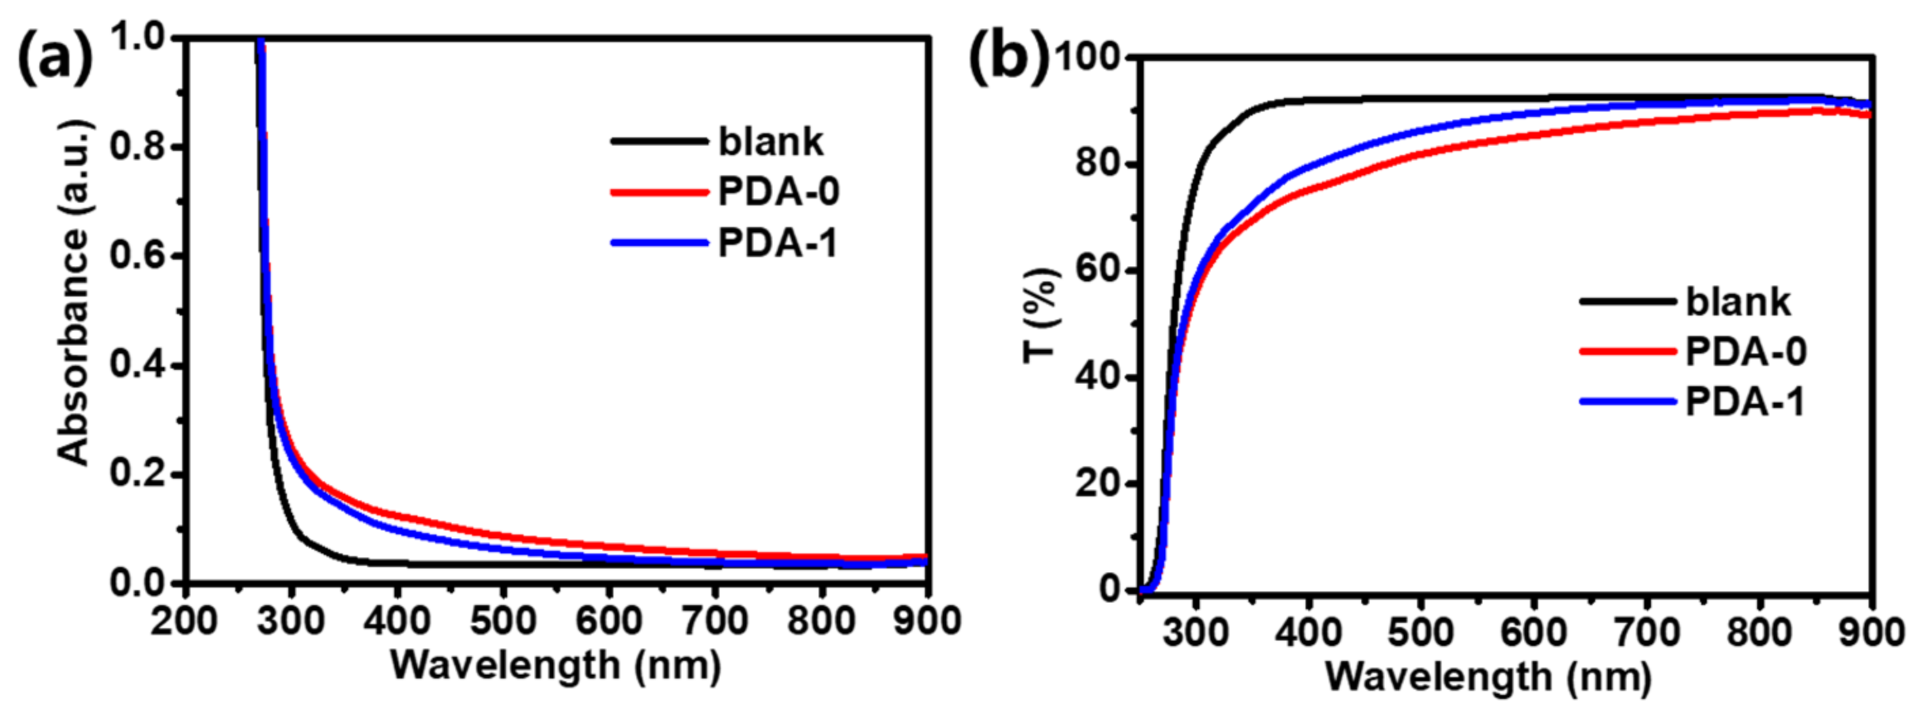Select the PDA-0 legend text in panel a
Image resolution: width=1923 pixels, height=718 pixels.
click(x=779, y=192)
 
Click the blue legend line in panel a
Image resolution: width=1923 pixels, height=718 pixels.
click(x=659, y=243)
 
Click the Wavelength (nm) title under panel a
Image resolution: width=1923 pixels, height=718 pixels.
click(x=556, y=664)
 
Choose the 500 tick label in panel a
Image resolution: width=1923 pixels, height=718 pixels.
click(x=503, y=620)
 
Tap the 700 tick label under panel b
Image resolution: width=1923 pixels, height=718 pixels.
click(x=1646, y=632)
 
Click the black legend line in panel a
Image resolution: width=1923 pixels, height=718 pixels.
click(x=659, y=141)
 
